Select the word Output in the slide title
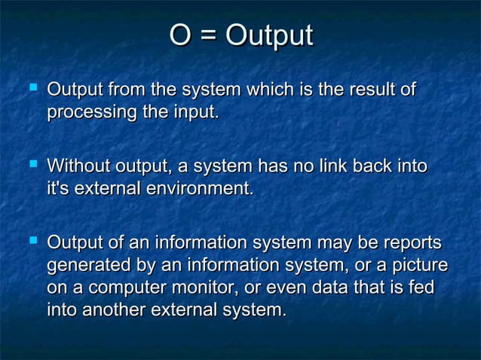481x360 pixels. coord(269,38)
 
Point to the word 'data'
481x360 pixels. coord(357,288)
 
